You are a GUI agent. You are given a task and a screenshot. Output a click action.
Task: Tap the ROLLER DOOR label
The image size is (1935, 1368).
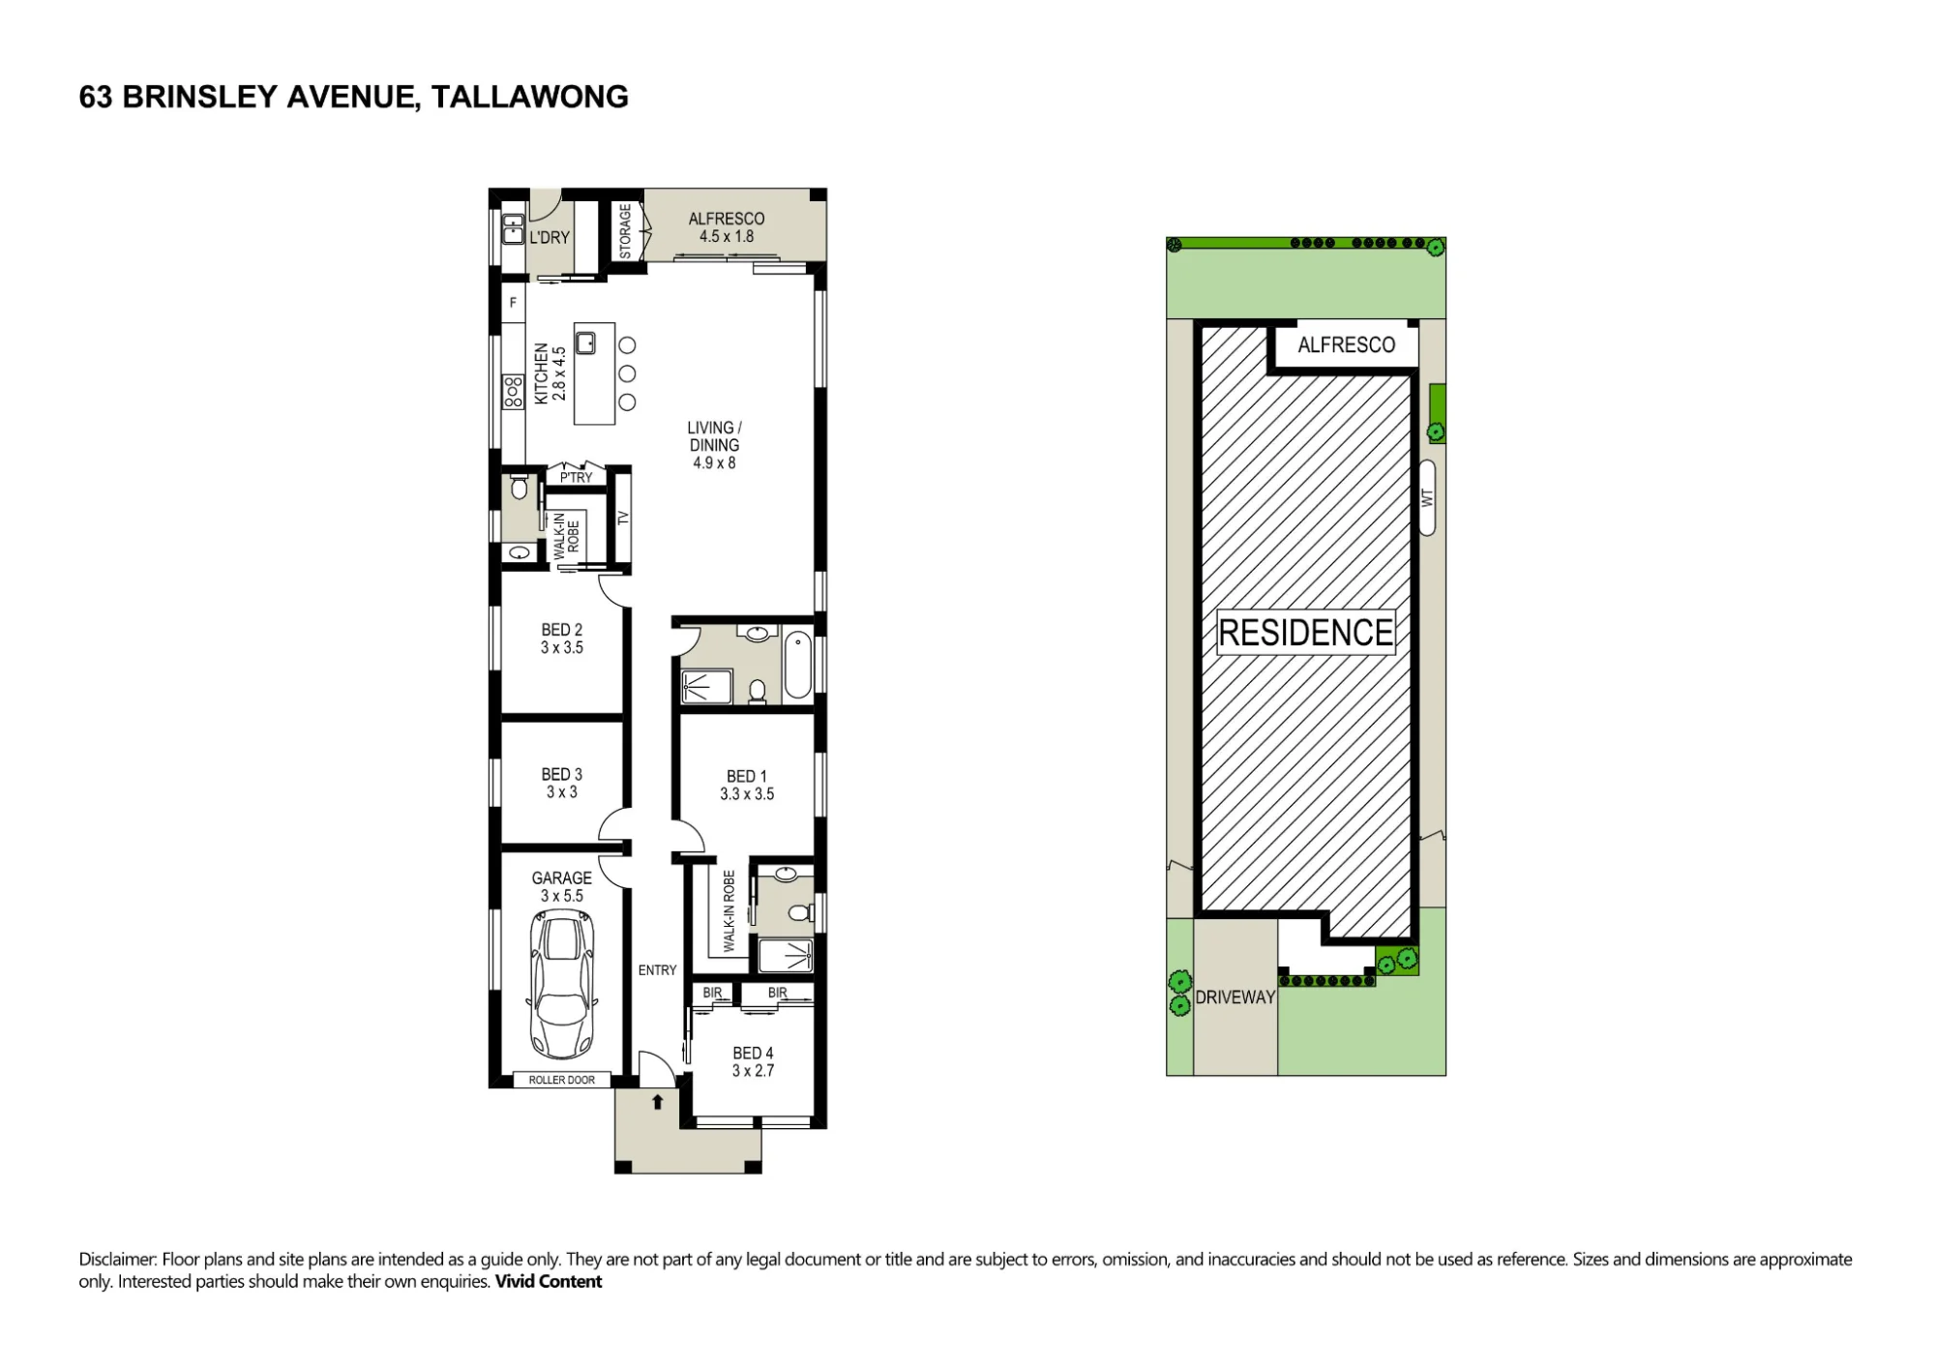pos(562,1080)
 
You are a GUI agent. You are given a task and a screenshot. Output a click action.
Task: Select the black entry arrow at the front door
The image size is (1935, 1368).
pos(658,1101)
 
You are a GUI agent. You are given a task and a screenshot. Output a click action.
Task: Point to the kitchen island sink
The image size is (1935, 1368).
pos(585,342)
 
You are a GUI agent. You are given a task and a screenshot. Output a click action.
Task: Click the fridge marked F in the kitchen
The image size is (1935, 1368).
pos(513,303)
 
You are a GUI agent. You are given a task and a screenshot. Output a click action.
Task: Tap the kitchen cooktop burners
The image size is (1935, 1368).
pos(513,391)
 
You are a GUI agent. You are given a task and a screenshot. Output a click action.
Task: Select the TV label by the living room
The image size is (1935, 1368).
pos(623,518)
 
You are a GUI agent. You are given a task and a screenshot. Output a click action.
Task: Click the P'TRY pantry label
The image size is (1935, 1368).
pos(577,478)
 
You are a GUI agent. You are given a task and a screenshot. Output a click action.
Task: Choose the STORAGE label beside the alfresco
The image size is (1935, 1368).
pos(625,231)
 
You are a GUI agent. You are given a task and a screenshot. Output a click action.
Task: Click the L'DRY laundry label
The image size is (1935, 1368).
pos(550,237)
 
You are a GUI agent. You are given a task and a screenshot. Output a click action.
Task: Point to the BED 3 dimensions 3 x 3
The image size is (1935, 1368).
pos(561,792)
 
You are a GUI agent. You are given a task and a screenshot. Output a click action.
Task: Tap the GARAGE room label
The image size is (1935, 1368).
pos(561,878)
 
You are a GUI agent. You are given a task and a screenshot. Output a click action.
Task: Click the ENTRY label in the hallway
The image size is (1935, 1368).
pos(658,970)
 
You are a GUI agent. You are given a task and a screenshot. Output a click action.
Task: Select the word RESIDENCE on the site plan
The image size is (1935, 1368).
pos(1306,633)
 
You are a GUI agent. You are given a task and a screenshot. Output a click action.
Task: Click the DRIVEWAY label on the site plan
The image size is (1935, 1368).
pos(1235,997)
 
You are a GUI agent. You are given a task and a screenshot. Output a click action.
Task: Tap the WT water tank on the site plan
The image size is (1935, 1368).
pos(1427,497)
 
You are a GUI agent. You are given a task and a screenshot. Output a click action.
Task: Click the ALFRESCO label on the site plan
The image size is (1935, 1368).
pos(1347,345)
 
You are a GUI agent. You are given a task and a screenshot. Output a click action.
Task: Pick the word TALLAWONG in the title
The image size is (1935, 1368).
pos(530,97)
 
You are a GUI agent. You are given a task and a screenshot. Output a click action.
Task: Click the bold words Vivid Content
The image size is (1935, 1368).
pos(549,1282)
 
